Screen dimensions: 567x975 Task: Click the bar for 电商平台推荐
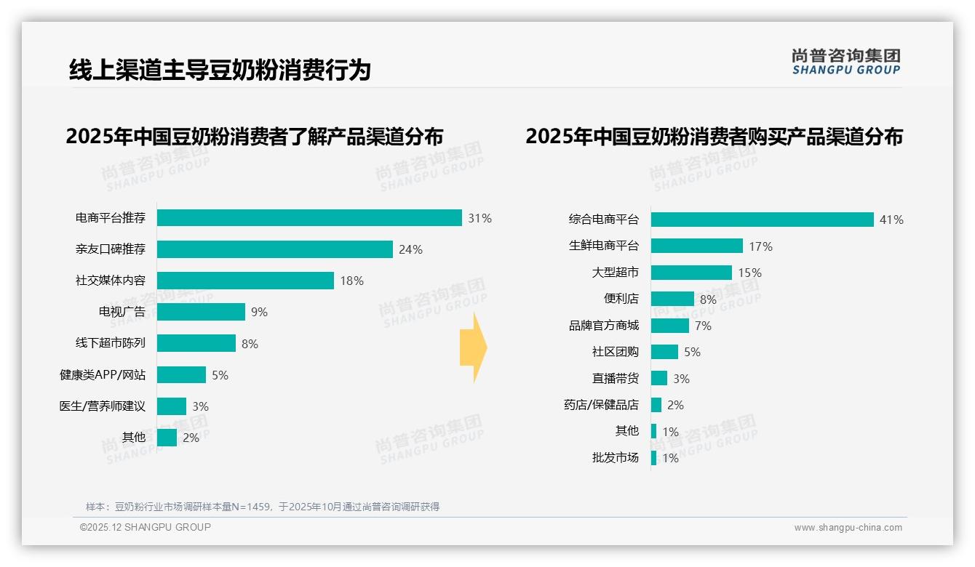(x=309, y=218)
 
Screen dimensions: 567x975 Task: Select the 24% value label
(x=410, y=249)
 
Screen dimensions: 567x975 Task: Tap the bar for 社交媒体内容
(x=245, y=281)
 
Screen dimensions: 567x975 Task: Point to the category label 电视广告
(x=122, y=312)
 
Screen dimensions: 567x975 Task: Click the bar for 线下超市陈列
(x=196, y=343)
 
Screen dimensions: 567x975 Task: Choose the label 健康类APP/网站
(x=103, y=375)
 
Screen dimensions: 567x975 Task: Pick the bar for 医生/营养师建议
(x=172, y=406)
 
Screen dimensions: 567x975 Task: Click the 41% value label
(x=891, y=220)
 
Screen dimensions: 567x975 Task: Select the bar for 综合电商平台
(x=762, y=220)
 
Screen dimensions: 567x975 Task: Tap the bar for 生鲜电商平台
(x=696, y=246)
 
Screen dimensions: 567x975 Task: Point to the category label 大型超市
(x=615, y=273)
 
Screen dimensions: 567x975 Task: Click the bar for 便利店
(x=672, y=299)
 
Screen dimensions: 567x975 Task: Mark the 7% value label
(x=703, y=326)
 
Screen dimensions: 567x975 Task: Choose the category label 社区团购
(x=615, y=352)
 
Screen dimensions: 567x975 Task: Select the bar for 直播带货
(x=658, y=378)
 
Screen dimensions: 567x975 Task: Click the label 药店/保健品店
(x=601, y=405)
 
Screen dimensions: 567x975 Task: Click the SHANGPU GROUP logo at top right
(x=845, y=62)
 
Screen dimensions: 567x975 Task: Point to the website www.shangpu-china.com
(x=848, y=528)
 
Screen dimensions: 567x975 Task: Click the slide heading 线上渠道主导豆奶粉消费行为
(x=220, y=70)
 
